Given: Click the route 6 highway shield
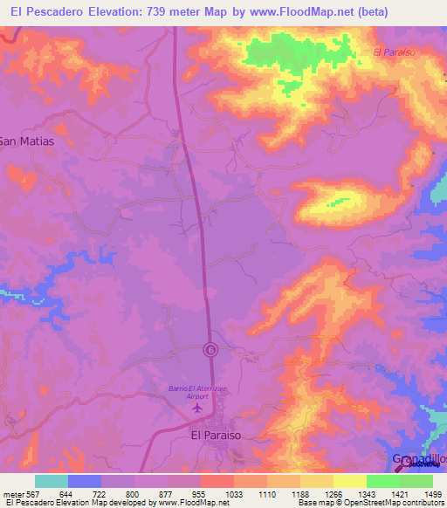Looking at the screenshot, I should coord(210,349).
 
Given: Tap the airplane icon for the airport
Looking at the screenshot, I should coord(197,407).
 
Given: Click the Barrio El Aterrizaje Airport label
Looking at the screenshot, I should coord(196,392).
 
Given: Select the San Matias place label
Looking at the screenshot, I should coord(26,141).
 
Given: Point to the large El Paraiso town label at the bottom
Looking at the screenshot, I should coord(215,433).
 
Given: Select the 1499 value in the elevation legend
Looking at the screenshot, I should coord(423,493).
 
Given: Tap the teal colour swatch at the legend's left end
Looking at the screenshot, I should coord(52,481).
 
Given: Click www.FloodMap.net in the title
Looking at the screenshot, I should coord(296,12).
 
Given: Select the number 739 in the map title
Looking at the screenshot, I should coord(165,12).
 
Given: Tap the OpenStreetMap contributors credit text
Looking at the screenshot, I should coord(393,503).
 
